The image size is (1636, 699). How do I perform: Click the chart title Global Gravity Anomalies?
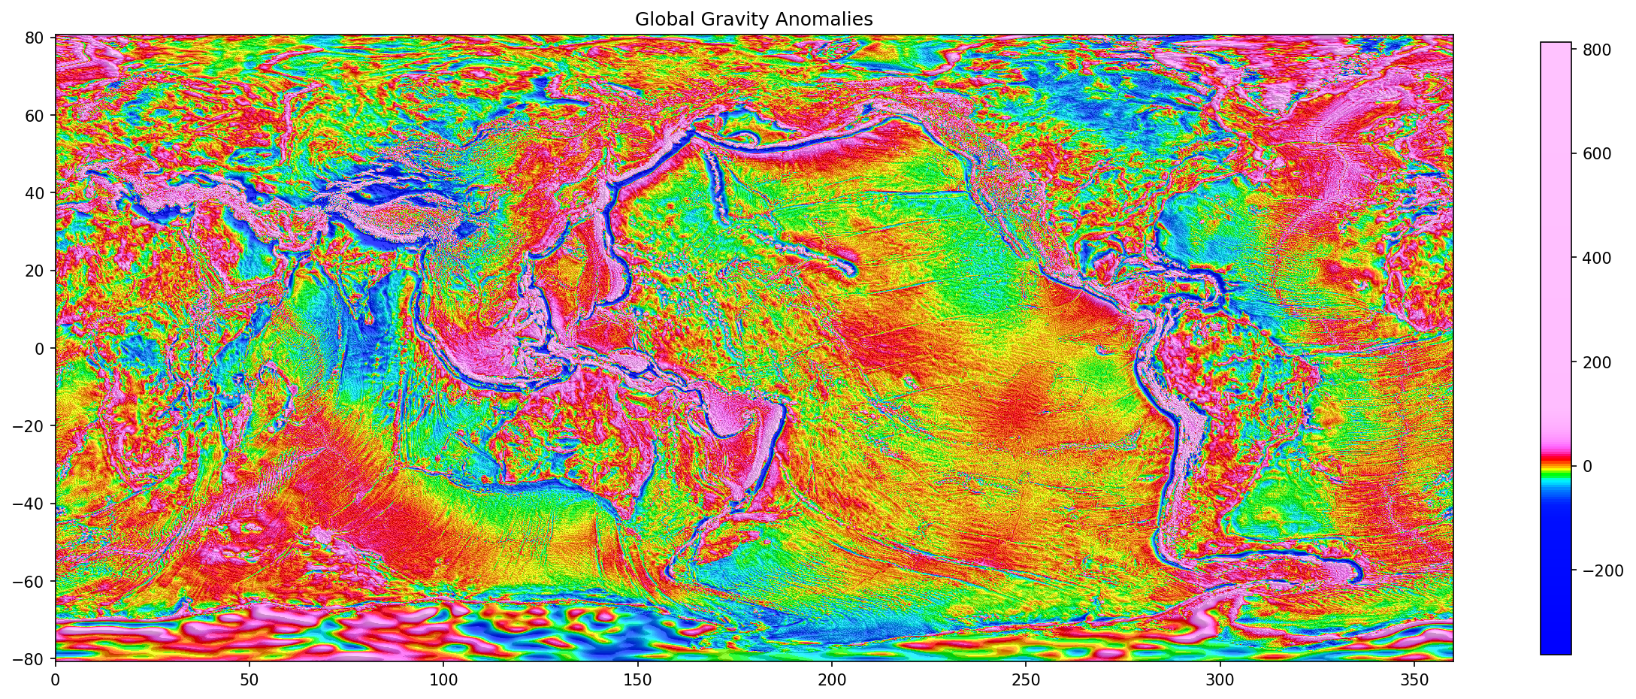click(754, 19)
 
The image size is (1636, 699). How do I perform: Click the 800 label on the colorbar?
click(1596, 50)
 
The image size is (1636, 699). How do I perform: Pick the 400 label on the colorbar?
click(1596, 258)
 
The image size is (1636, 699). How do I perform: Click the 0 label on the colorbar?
click(1587, 467)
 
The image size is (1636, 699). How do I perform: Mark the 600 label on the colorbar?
click(1596, 153)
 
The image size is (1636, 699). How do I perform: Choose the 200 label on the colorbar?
click(1596, 362)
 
